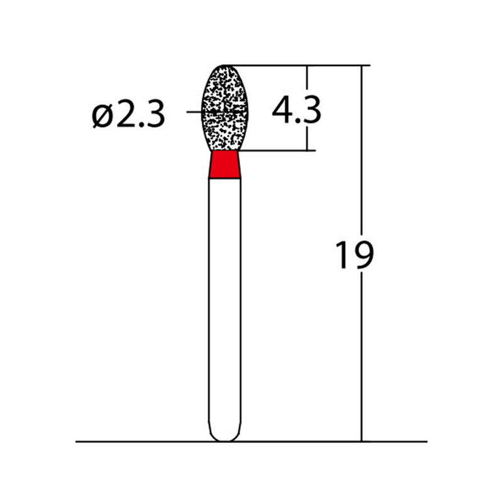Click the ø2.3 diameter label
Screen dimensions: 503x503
click(129, 115)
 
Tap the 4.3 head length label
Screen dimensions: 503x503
click(296, 111)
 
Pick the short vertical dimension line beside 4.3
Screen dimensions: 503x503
click(307, 135)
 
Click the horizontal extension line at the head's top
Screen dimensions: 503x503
click(296, 65)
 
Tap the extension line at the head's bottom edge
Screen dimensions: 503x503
click(277, 151)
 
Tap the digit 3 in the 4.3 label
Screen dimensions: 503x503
click(311, 111)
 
